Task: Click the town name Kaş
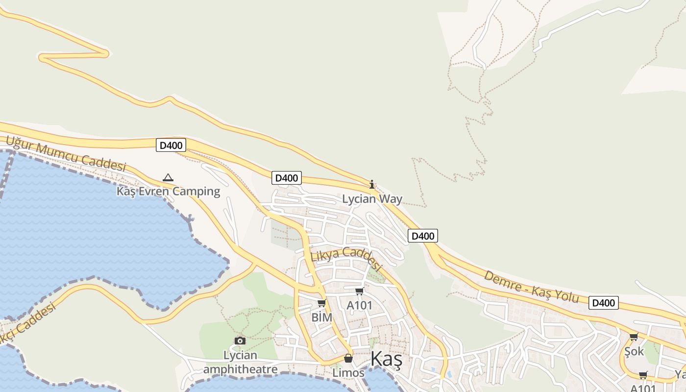click(386, 359)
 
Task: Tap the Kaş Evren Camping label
click(168, 191)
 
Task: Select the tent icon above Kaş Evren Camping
click(168, 177)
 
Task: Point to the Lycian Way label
click(372, 199)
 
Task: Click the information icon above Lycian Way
click(372, 184)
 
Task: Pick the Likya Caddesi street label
click(346, 258)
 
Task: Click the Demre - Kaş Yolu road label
click(532, 287)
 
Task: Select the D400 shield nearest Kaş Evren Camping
click(171, 145)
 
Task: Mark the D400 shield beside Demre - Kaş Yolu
click(603, 303)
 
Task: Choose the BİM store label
click(322, 318)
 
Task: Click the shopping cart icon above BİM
click(322, 303)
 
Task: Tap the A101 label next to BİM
click(360, 306)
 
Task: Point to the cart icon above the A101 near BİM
click(359, 292)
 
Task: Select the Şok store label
click(634, 351)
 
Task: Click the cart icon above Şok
click(634, 337)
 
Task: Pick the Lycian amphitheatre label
click(240, 362)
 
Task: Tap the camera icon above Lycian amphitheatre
click(240, 341)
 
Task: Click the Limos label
click(348, 373)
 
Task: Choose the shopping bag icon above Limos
click(348, 358)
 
